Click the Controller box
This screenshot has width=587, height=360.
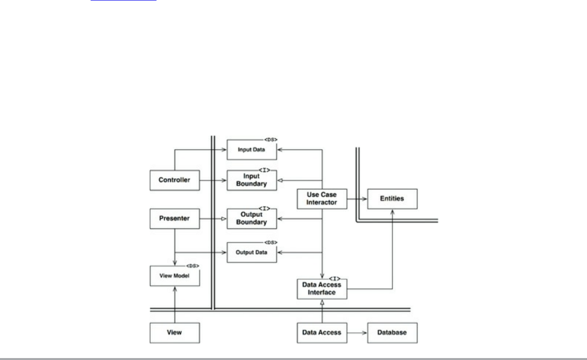174,180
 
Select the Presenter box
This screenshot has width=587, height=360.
174,219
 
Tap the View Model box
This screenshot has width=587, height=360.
174,276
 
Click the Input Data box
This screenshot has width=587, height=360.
252,150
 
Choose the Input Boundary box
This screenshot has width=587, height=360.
252,180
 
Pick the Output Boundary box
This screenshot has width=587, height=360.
252,219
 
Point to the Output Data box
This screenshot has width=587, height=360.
252,252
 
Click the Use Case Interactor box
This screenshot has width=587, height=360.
322,199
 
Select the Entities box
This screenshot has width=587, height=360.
392,199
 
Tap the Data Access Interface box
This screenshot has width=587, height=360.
322,288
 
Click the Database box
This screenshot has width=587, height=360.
392,333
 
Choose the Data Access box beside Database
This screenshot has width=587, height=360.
322,333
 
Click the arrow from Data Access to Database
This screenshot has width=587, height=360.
357,333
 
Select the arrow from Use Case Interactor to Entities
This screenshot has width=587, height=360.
357,199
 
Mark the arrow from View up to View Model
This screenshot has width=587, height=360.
174,304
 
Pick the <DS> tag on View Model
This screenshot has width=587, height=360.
193,266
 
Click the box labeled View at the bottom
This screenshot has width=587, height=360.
174,333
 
